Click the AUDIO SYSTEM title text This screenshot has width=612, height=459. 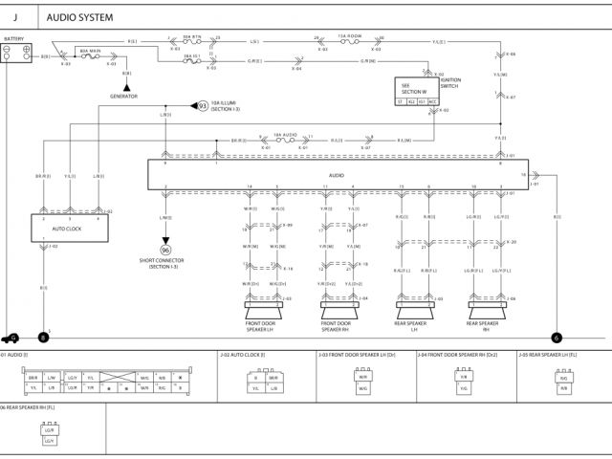pos(79,17)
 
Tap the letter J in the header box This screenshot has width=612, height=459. pos(15,17)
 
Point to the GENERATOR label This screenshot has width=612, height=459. pos(124,97)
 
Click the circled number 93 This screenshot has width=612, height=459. pos(202,105)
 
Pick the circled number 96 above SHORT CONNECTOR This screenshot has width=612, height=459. pos(164,251)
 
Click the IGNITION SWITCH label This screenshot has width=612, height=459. pos(448,83)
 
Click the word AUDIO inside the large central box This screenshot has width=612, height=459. pos(336,176)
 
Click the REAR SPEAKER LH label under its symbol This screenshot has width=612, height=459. pos(409,326)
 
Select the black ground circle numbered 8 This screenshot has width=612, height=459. pos(42,337)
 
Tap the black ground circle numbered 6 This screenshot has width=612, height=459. pos(557,337)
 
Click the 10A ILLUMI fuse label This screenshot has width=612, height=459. pos(227,104)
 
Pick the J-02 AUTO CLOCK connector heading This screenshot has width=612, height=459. pos(244,355)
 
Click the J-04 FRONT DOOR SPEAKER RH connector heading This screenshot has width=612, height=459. pos(457,355)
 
